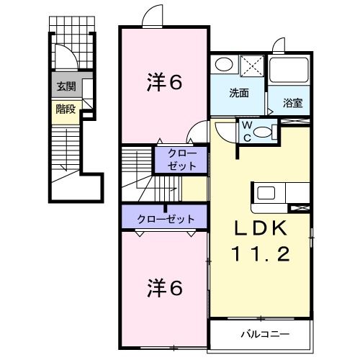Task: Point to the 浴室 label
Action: pos(292,102)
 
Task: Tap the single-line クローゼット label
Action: pos(162,217)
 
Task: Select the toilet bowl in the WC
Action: pos(265,132)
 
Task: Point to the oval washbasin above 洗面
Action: pos(223,65)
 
